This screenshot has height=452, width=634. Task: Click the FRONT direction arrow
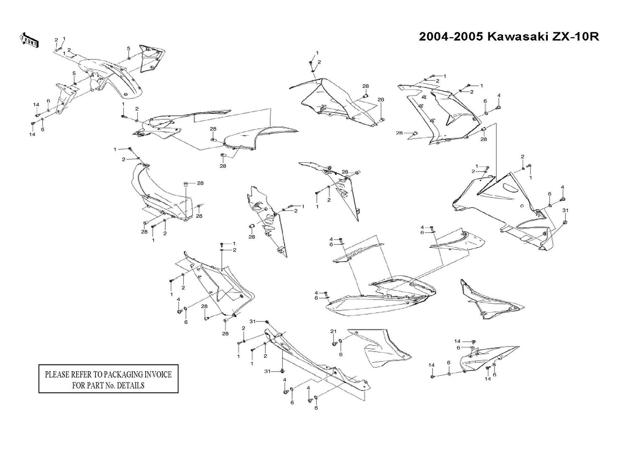[29, 40]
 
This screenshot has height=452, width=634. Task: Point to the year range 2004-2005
[451, 37]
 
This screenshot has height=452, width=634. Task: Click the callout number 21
[334, 331]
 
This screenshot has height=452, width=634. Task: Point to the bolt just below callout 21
[334, 344]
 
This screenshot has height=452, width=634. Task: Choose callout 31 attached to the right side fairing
[565, 210]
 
